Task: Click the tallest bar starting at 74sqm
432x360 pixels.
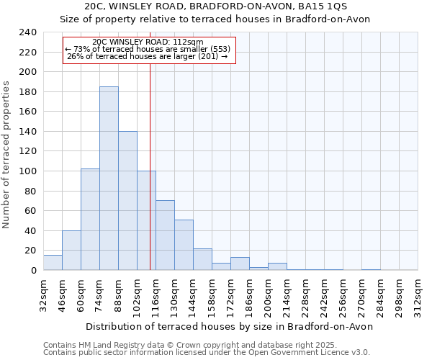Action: coord(109,179)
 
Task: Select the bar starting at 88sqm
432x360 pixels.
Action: coord(127,201)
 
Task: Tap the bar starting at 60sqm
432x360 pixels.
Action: coord(90,220)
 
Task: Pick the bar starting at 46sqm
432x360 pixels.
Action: coord(71,251)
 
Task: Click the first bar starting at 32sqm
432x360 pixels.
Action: coord(53,263)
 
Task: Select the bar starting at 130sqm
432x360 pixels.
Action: coord(184,245)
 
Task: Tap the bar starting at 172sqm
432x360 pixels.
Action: coord(240,264)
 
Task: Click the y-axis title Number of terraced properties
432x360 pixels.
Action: coord(7,155)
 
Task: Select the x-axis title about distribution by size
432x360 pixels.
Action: coord(228,326)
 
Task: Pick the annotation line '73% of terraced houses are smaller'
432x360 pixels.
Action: coord(149,49)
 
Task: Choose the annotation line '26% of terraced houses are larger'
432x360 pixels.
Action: coord(147,56)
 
